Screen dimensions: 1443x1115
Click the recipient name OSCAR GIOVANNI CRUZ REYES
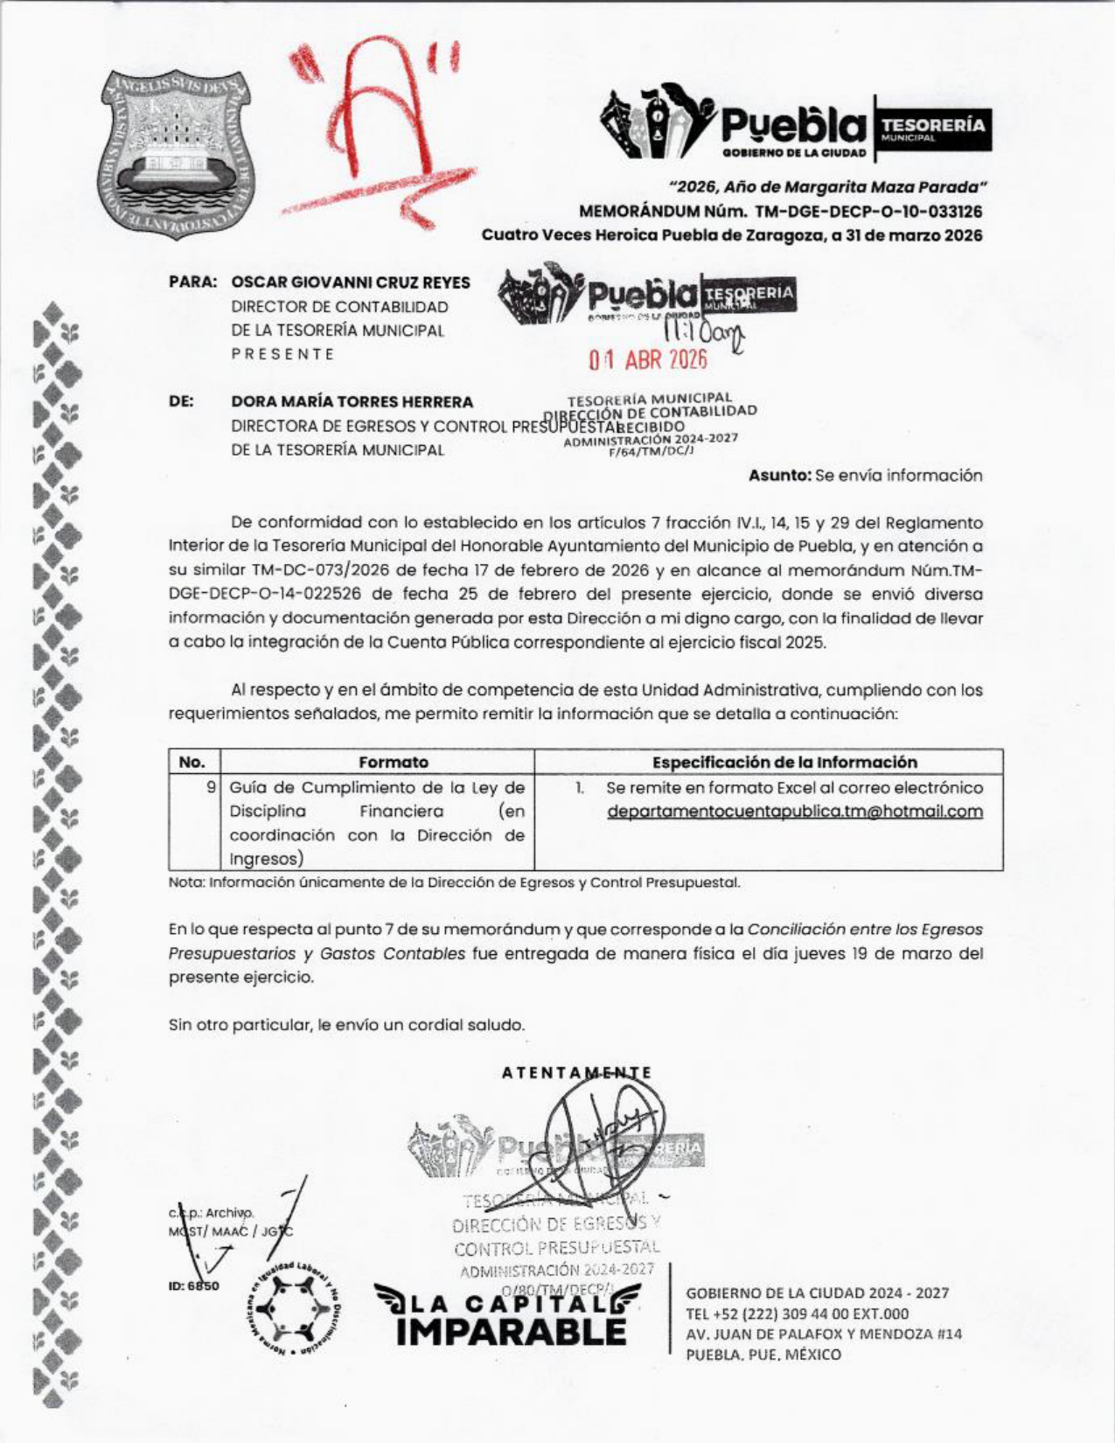(x=350, y=282)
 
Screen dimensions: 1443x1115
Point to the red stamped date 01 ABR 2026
(x=648, y=359)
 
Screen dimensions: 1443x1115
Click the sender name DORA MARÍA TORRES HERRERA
(x=352, y=402)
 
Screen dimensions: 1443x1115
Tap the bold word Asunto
(x=778, y=476)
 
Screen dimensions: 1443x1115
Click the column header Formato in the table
(x=394, y=762)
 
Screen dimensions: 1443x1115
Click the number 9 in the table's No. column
(x=211, y=787)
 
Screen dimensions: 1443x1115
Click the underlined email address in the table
(x=794, y=812)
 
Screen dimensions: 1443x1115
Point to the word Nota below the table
(x=185, y=882)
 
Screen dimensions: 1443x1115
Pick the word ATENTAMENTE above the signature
(x=577, y=1072)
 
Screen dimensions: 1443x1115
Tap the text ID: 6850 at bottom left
(x=193, y=1286)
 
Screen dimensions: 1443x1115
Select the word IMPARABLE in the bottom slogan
(x=511, y=1331)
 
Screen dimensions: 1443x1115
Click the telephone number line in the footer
(x=797, y=1314)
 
